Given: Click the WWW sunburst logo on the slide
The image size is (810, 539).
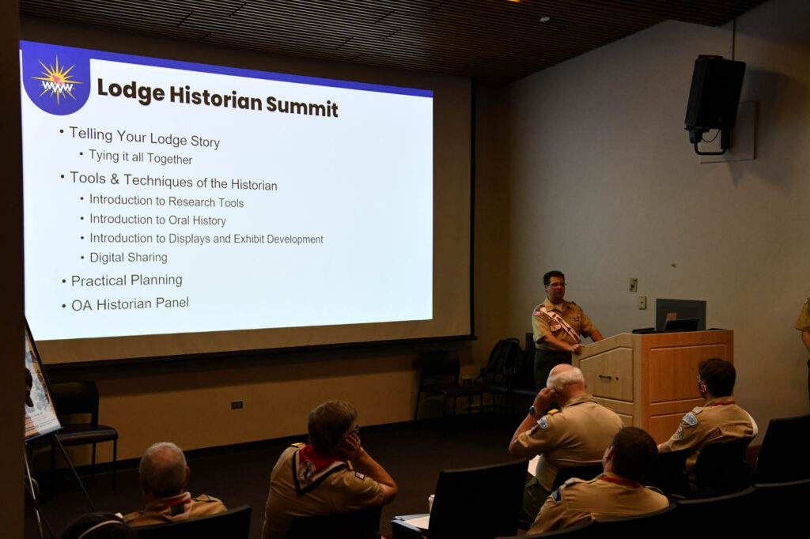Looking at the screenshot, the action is click(x=56, y=81).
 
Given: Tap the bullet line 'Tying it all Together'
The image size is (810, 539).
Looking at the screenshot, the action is click(x=141, y=157).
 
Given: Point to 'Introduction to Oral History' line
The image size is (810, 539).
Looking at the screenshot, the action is click(x=157, y=220).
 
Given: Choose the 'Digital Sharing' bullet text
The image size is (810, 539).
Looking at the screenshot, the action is click(x=129, y=257).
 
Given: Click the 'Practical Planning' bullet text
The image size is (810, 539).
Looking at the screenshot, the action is click(x=127, y=281).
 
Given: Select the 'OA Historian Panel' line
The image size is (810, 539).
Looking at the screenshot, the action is click(x=130, y=304).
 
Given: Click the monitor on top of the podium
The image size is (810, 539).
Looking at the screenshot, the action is click(x=680, y=315).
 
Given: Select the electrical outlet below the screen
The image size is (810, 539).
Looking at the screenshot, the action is click(x=237, y=405).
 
